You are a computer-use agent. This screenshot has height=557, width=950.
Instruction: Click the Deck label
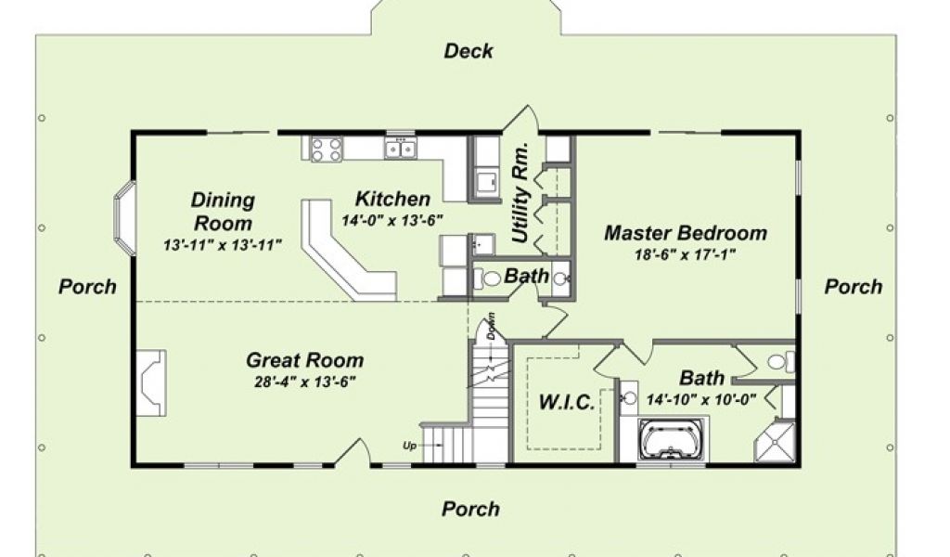[469, 51]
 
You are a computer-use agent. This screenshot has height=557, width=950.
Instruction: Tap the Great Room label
[304, 360]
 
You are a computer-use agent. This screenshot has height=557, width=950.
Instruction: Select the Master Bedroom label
[686, 233]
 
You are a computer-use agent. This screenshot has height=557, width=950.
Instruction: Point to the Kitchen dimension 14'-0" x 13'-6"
[392, 221]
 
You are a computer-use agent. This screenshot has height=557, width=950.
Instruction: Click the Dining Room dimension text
[223, 245]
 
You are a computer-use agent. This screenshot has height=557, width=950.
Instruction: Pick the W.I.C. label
[567, 402]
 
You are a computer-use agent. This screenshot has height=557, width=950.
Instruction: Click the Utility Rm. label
[521, 193]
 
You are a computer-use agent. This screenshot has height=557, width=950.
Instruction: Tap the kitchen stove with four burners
[326, 149]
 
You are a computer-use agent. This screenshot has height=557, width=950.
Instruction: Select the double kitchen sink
[401, 148]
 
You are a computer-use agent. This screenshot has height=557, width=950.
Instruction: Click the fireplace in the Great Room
[151, 382]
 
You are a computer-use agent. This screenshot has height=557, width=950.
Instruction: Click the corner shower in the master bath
[775, 442]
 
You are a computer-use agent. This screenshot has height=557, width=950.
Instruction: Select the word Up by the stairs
[409, 447]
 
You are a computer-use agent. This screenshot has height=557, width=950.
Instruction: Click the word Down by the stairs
[491, 326]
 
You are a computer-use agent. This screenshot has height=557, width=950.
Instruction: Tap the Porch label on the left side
[87, 286]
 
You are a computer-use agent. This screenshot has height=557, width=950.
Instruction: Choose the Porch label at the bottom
[470, 509]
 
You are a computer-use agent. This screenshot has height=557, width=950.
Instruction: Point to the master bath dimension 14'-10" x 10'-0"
[701, 400]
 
